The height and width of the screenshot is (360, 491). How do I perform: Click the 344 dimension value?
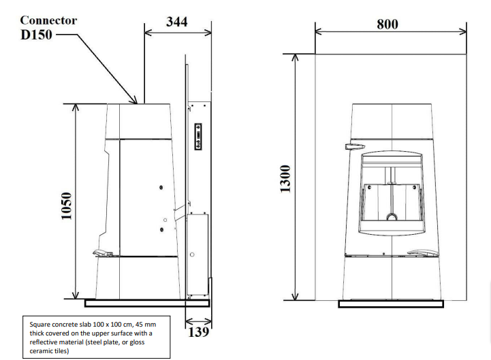click(176, 22)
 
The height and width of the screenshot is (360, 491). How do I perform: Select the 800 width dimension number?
click(387, 24)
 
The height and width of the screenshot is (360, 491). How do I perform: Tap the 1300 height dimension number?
click(285, 179)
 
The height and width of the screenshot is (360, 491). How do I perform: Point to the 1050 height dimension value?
click(66, 206)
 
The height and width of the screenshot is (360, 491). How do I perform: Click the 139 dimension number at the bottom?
click(199, 332)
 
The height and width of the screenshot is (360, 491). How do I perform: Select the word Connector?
click(48, 20)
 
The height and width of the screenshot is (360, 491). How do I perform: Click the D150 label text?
click(36, 35)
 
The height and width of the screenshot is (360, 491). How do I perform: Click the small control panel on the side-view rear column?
click(198, 137)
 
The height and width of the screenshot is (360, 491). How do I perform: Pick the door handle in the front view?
click(355, 146)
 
